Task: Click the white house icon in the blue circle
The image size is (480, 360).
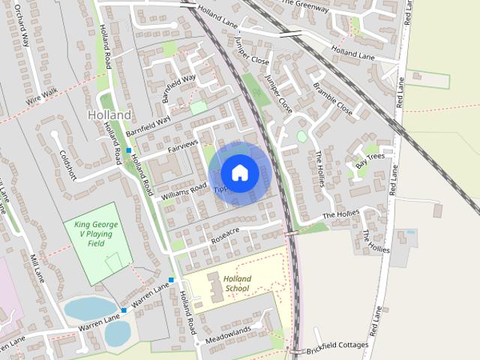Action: (x=239, y=172)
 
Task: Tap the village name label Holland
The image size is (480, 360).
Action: (x=109, y=115)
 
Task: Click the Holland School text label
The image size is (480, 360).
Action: (x=237, y=284)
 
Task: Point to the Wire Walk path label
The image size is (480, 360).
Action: (x=40, y=94)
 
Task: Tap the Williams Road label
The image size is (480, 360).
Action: (x=183, y=191)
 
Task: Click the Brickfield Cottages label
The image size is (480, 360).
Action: (x=337, y=346)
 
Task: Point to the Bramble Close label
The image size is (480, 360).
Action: (x=334, y=98)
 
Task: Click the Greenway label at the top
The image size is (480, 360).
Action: (x=304, y=6)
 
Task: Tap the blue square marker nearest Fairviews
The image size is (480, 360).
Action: (x=128, y=150)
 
